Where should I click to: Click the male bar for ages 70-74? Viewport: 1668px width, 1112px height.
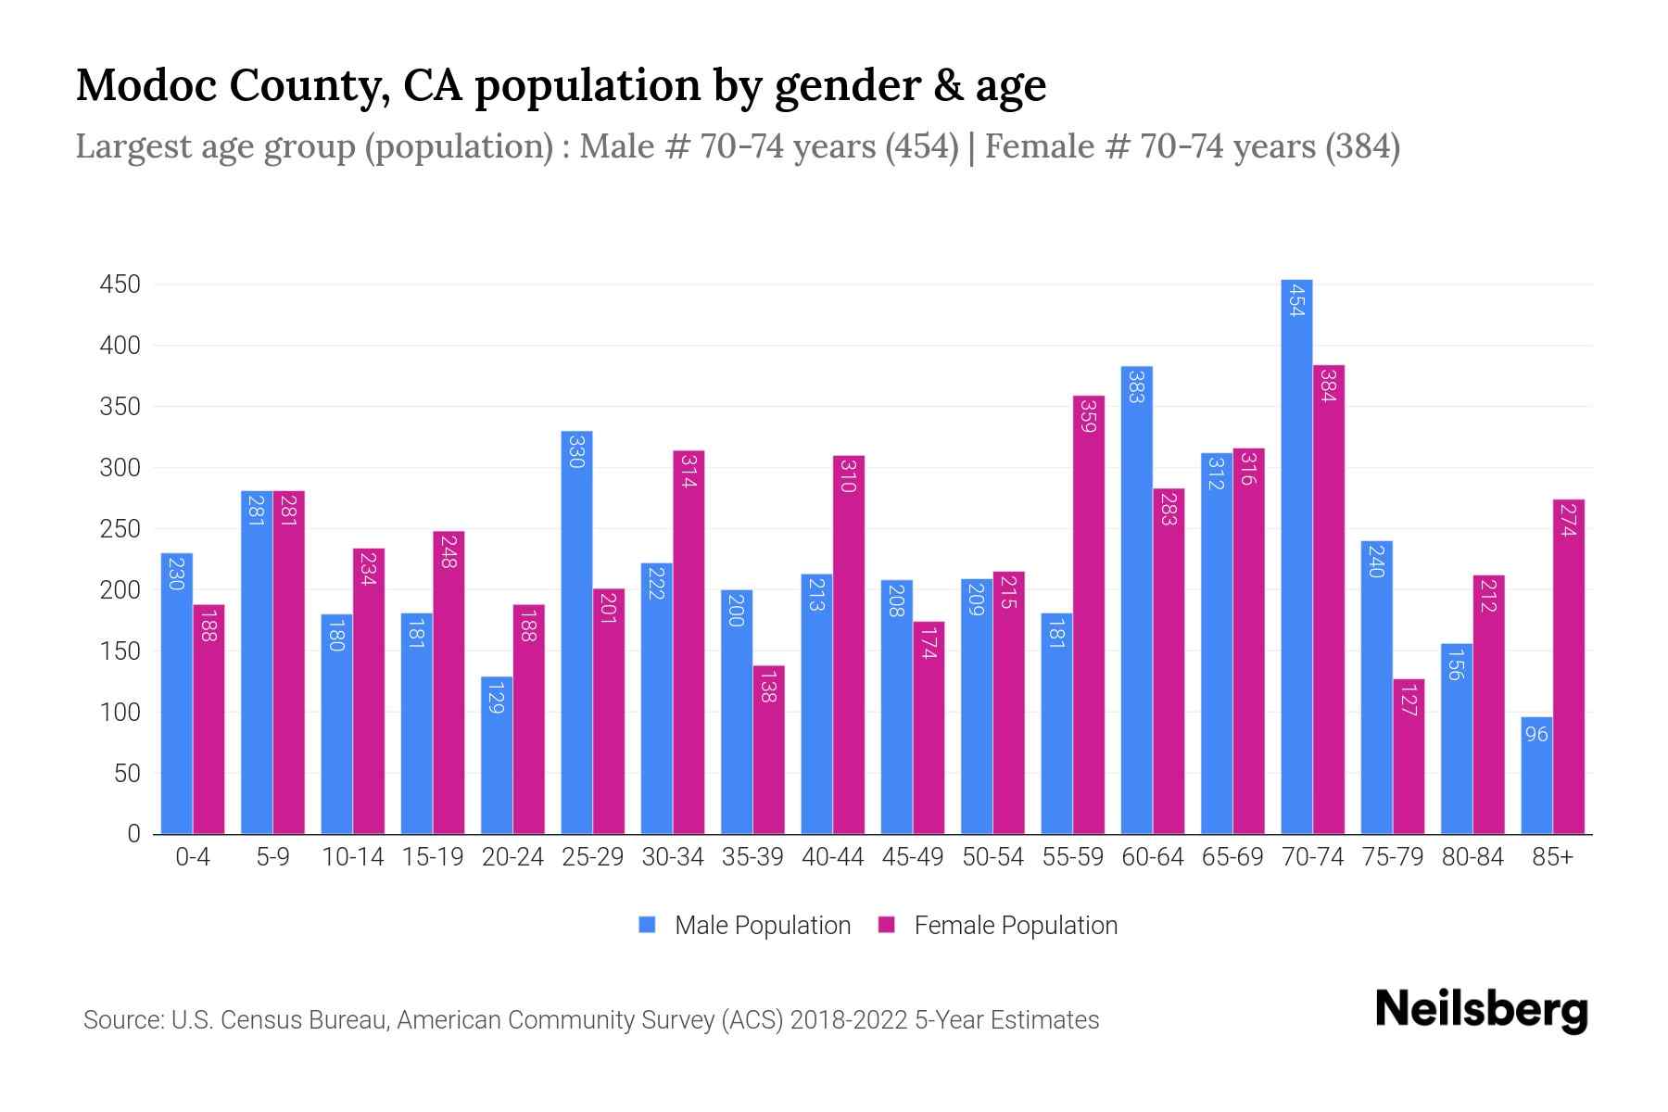click(1296, 556)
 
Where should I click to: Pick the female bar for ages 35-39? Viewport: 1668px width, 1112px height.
click(768, 750)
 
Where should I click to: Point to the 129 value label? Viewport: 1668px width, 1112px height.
click(496, 698)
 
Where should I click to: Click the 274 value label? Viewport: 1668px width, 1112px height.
click(1568, 519)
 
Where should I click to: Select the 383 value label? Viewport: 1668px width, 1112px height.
click(1136, 385)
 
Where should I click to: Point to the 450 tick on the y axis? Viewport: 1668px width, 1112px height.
click(120, 284)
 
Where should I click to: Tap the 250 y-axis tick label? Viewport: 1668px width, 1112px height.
click(120, 529)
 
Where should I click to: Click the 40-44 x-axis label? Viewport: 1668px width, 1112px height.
click(832, 857)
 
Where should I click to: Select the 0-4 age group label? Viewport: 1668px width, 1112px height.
click(193, 857)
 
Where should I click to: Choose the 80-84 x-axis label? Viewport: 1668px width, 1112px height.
click(1472, 857)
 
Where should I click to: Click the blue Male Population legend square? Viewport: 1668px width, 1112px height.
click(647, 925)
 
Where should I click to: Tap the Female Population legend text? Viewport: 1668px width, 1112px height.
click(1016, 925)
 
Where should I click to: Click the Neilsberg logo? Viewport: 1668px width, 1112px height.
click(1481, 1010)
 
